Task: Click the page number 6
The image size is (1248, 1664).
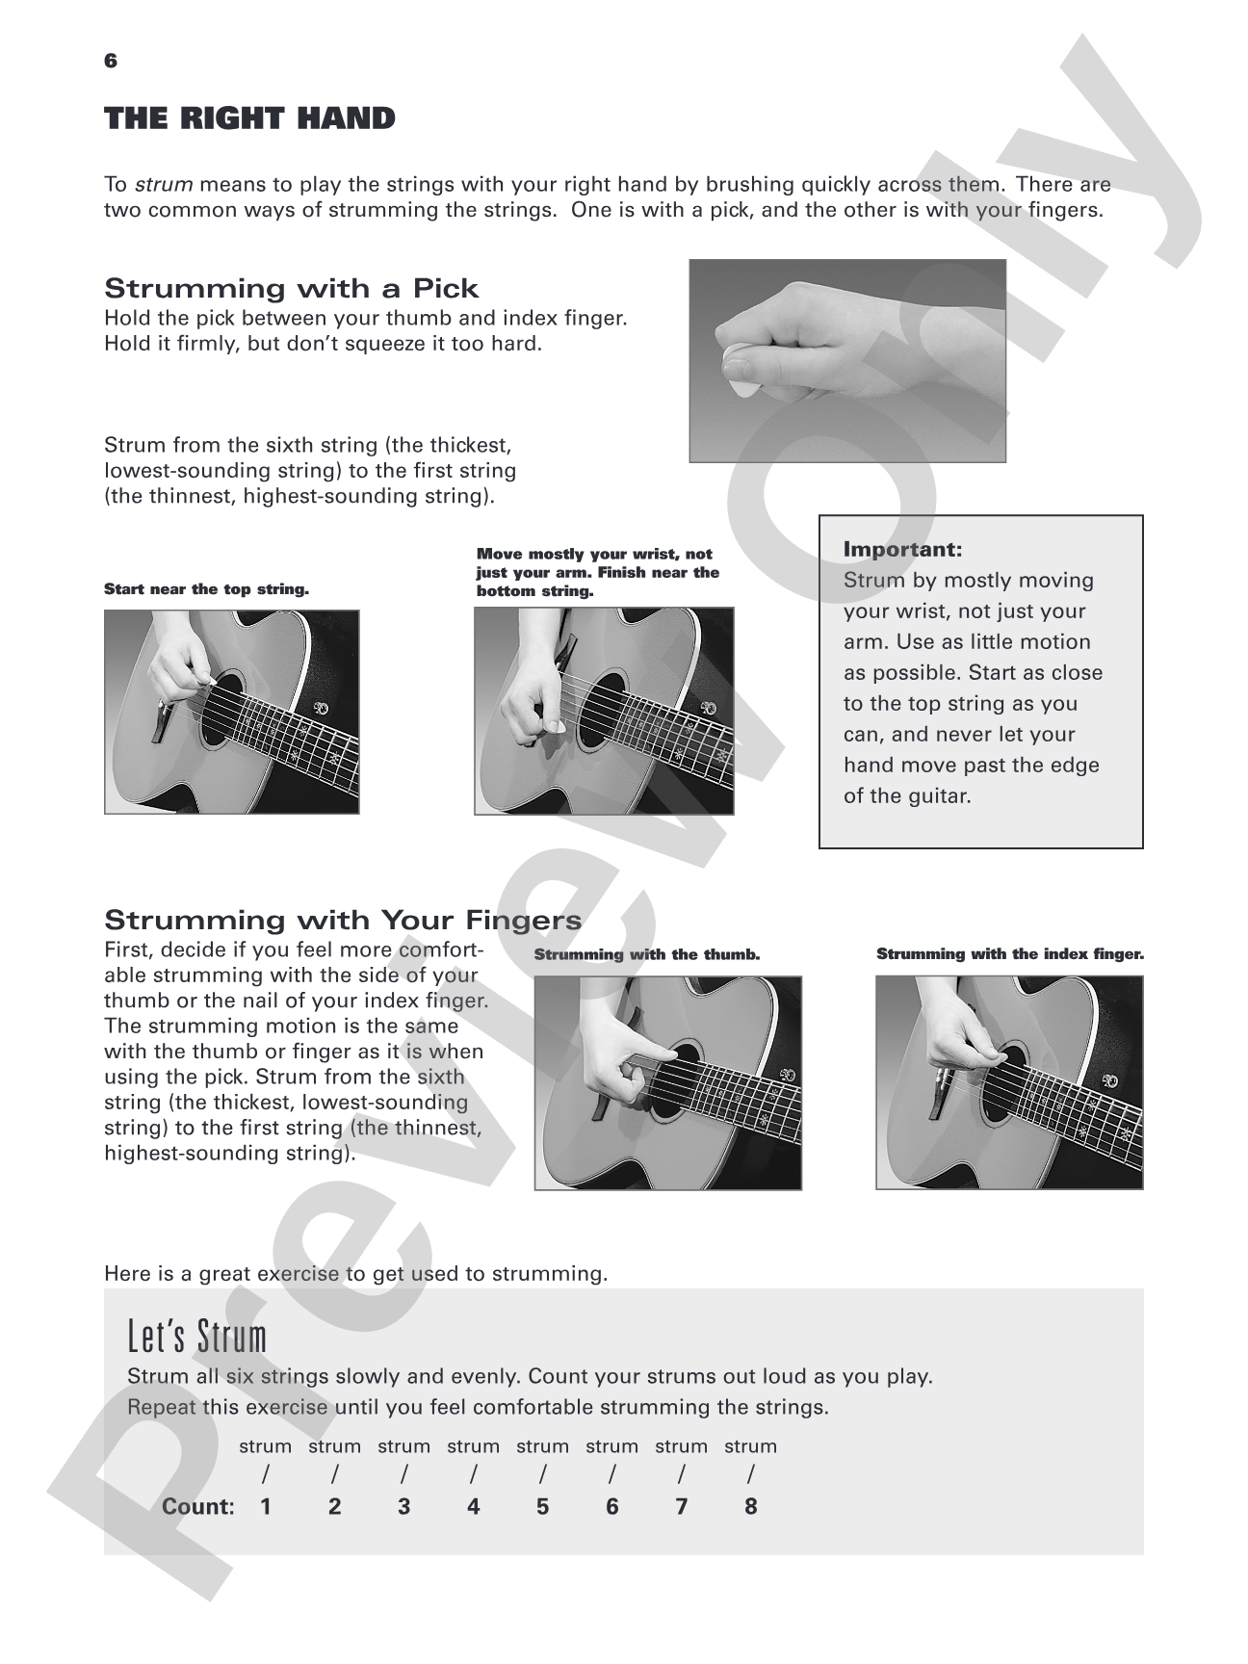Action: [111, 61]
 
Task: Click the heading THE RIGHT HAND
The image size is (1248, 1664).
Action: [249, 118]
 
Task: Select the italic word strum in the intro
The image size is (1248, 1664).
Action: [164, 184]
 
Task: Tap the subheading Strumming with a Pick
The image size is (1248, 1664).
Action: [292, 288]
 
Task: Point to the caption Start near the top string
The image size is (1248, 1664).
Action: [206, 589]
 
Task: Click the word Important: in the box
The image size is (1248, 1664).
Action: [902, 550]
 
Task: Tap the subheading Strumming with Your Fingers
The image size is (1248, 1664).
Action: [343, 920]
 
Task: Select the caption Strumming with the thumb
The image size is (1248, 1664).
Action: [647, 954]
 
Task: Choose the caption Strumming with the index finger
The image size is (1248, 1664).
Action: [1010, 954]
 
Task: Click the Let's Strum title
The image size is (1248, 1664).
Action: [197, 1336]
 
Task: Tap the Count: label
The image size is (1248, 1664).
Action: [198, 1507]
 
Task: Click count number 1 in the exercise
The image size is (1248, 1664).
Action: [266, 1507]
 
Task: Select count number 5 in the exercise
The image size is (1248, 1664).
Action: [543, 1507]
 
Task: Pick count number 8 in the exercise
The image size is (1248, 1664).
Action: [751, 1507]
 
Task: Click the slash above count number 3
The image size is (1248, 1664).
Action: [404, 1474]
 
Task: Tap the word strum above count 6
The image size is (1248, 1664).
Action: [612, 1446]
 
